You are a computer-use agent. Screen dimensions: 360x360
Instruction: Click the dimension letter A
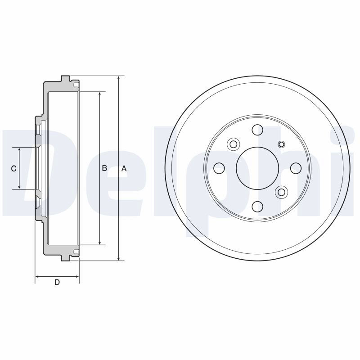[x=124, y=168]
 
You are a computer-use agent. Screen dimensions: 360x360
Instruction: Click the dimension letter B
[x=104, y=168]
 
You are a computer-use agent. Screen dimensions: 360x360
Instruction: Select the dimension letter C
[x=14, y=168]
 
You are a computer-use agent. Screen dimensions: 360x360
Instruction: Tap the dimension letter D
[x=57, y=282]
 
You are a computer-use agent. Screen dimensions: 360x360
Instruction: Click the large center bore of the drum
[x=257, y=168]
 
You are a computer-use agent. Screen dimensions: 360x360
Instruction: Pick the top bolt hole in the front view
[x=257, y=130]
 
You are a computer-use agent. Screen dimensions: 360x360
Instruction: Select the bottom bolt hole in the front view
[x=257, y=207]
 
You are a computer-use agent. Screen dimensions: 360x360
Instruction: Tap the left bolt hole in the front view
[x=219, y=168]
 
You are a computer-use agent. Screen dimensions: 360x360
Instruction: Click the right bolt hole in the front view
[x=296, y=168]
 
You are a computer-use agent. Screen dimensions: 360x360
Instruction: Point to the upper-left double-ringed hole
[x=233, y=144]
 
